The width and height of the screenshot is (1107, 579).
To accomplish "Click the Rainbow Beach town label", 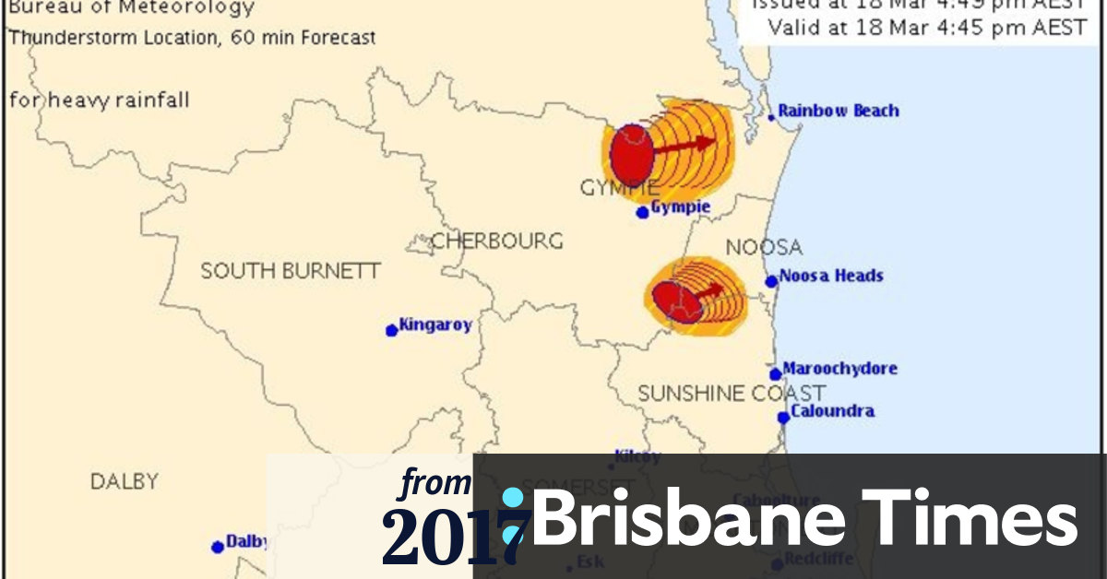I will (838, 111).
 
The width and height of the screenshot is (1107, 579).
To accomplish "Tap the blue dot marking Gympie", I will (643, 212).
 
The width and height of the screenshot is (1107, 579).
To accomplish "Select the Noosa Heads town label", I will (830, 276).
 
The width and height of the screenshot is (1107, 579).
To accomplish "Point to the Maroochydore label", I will (839, 369).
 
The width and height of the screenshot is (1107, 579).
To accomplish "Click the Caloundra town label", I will (832, 411).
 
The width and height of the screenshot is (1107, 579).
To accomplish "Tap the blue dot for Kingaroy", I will (392, 329).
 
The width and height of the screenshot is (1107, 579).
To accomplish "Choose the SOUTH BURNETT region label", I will (291, 271).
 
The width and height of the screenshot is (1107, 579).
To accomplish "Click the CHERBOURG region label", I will (497, 242).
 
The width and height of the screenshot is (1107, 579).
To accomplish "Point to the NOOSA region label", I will (764, 247).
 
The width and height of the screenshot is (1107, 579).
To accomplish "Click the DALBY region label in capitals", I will (125, 481).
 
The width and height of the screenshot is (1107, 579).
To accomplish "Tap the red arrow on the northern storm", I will (684, 144).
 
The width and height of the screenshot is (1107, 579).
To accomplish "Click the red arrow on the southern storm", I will (708, 291).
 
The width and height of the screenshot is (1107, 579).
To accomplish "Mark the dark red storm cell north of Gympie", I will (632, 154).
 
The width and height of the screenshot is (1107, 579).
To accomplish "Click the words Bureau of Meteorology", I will (131, 9).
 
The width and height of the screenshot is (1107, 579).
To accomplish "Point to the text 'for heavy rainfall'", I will (100, 100).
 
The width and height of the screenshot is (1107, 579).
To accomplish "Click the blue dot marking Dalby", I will (218, 547).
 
